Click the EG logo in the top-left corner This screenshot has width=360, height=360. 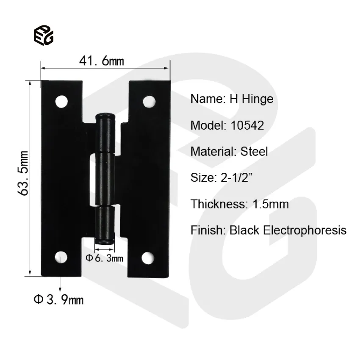(x=44, y=36)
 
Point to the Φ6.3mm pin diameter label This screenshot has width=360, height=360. (x=105, y=258)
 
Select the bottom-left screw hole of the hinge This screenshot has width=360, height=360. (x=62, y=257)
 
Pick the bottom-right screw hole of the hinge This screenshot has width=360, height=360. (x=148, y=257)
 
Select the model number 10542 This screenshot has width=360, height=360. (x=248, y=125)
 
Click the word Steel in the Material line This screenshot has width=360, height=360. (x=254, y=152)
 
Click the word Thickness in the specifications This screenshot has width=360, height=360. (x=216, y=204)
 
